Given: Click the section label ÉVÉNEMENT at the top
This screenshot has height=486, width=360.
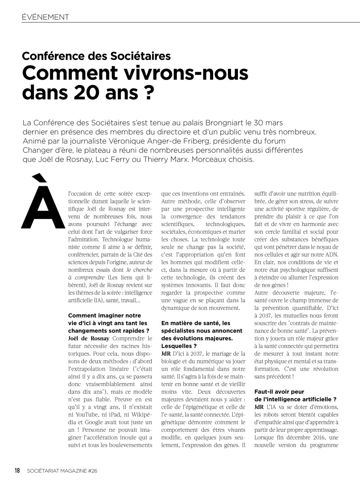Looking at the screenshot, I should click(45, 17).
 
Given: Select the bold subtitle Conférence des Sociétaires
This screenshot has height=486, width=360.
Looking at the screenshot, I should click(96, 56).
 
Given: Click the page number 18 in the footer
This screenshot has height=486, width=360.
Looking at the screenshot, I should click(17, 470).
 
